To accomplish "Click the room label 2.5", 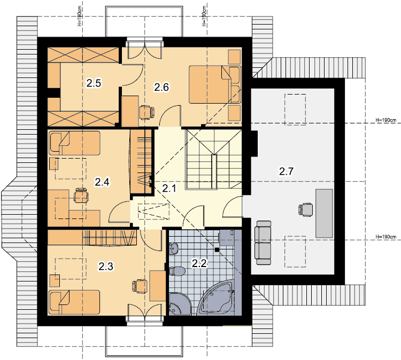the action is coord(94,83).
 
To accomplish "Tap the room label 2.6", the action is coord(161,88).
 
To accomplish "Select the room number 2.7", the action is coord(286,171).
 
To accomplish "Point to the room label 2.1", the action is coord(169,189).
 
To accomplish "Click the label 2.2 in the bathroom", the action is coord(199,263).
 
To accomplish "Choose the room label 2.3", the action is coord(106,267).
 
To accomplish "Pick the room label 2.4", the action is coord(102,182).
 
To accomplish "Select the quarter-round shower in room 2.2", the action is coord(180,303).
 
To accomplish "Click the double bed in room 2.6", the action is coord(215,84).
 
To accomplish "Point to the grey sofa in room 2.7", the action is coord(263,242).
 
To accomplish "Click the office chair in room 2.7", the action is coord(306,210).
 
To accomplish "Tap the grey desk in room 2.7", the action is coord(324,213).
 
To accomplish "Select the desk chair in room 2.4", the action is coord(81,195).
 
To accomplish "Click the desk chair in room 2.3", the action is coord(140,286).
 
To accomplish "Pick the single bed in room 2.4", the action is coord(74,143).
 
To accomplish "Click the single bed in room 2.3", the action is coord(74,302).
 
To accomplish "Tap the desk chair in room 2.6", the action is coord(147,112).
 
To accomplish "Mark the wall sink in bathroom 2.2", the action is coord(173,248).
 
